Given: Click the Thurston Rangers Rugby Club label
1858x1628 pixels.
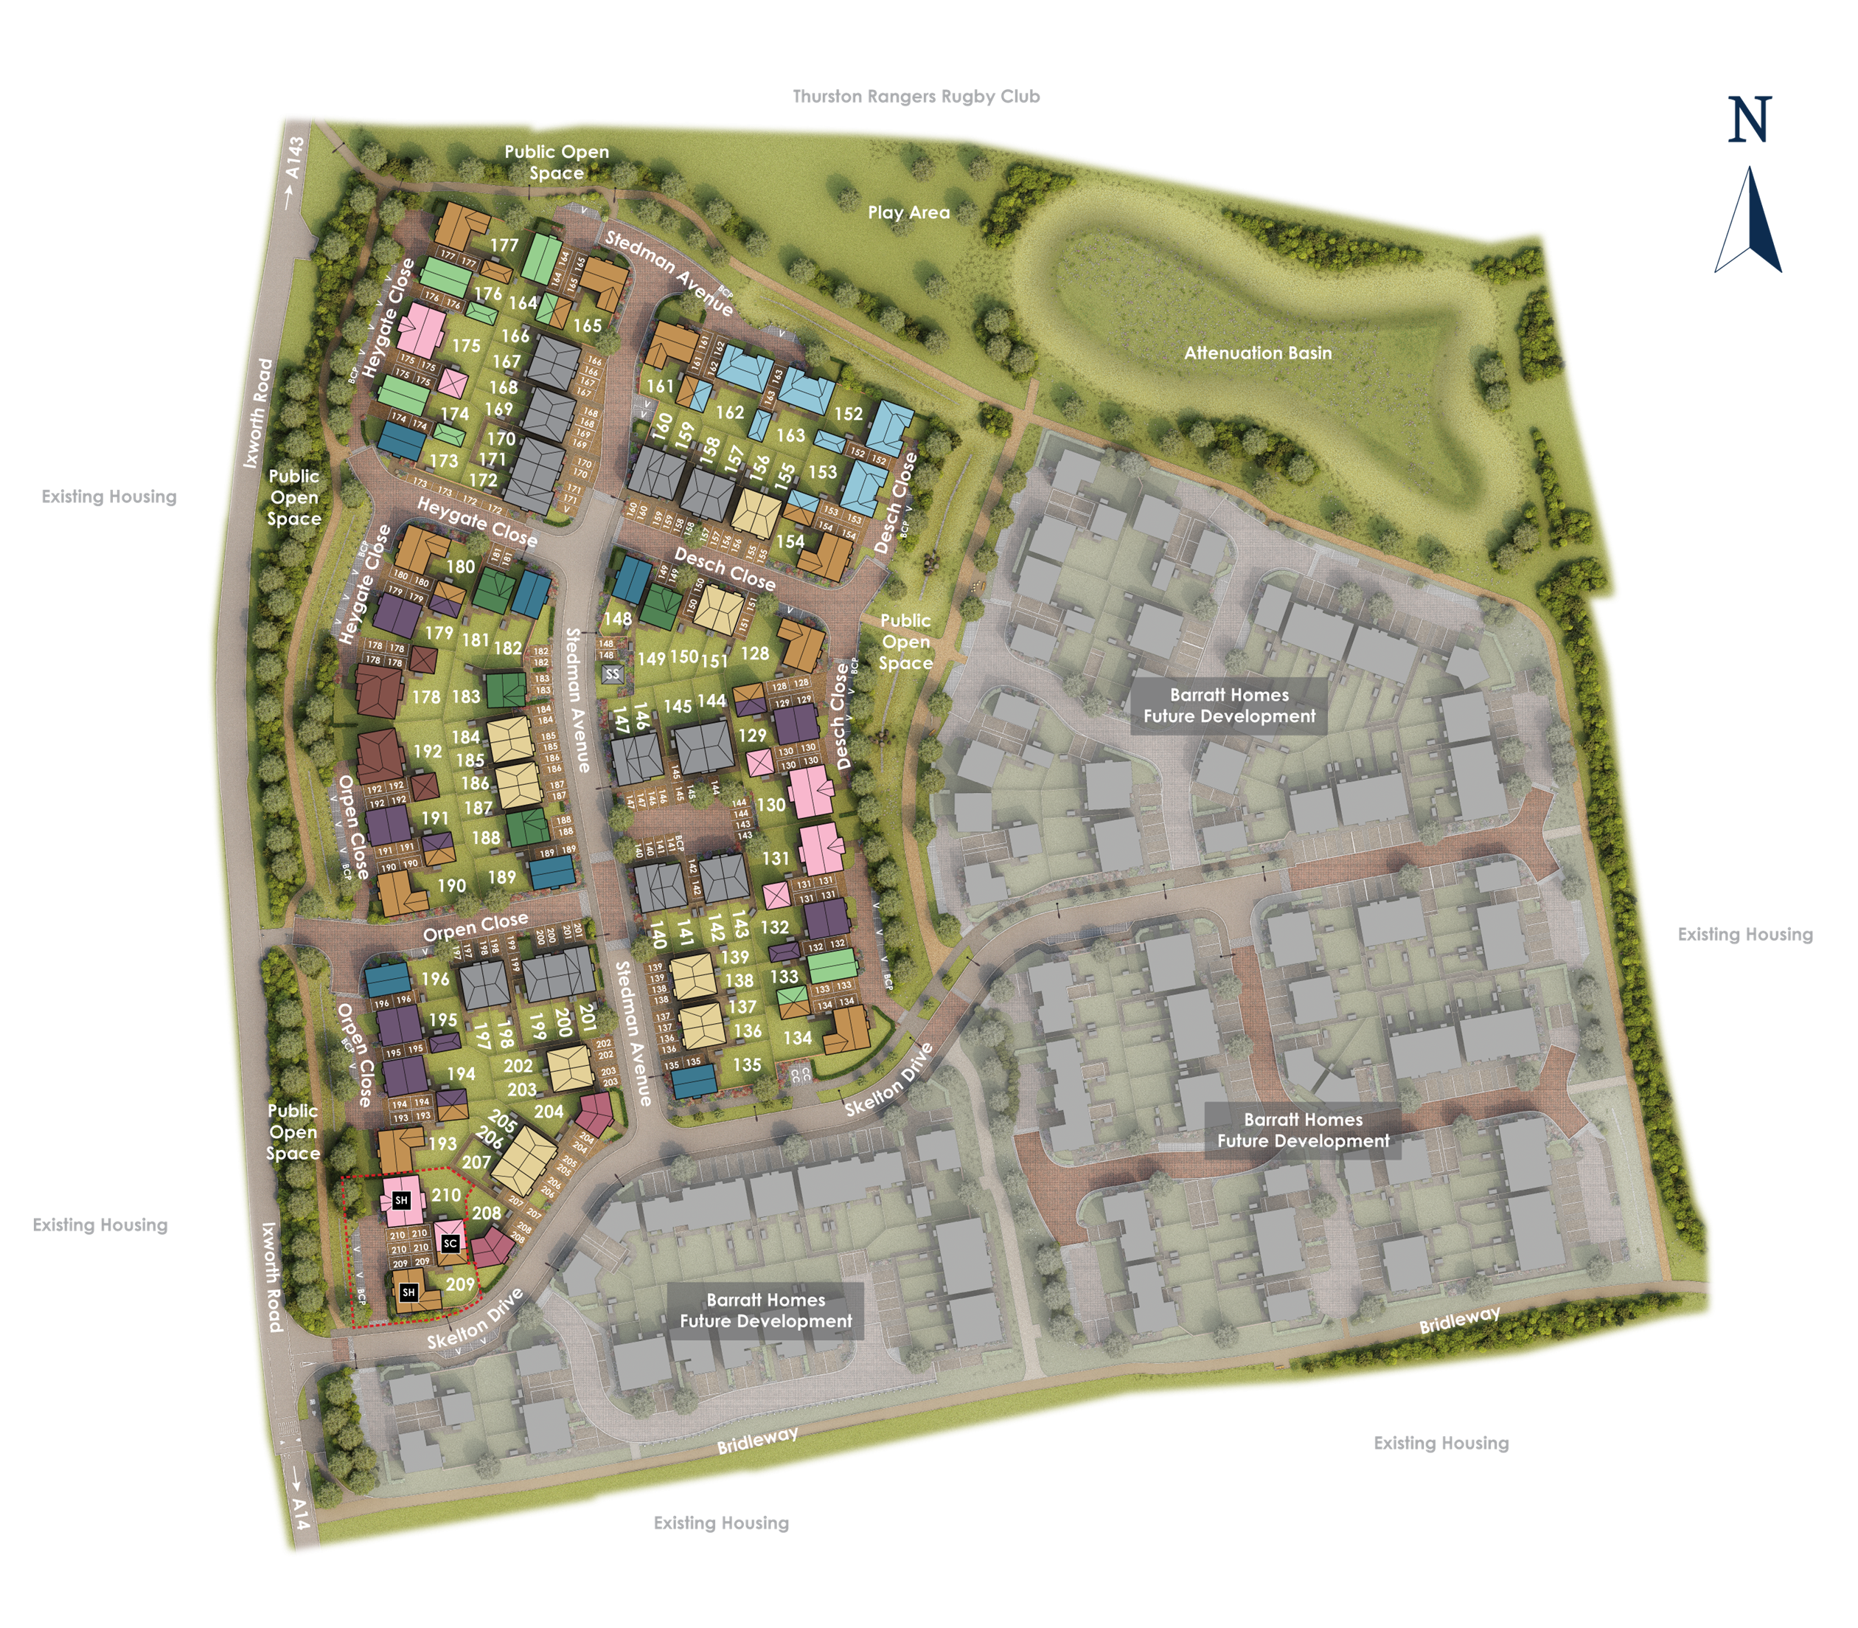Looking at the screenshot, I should [x=916, y=97].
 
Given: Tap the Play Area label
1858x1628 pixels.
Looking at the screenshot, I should [x=908, y=212].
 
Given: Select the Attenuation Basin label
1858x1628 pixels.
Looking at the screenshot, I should [x=1257, y=353].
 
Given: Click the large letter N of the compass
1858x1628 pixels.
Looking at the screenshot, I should [x=1750, y=121].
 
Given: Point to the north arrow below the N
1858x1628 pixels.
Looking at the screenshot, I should [x=1748, y=223].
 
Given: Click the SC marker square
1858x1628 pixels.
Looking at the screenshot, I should [x=451, y=1244].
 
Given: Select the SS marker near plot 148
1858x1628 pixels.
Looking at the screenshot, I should [x=612, y=674].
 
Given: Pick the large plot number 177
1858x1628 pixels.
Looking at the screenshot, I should [x=504, y=246].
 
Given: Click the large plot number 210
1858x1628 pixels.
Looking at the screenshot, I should [x=446, y=1195].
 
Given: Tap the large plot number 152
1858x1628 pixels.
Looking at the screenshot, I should [x=848, y=413].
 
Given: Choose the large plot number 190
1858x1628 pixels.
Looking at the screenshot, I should [x=451, y=886].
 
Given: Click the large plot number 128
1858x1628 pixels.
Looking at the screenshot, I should [x=755, y=654].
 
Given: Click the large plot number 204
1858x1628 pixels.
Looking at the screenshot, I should [x=549, y=1111].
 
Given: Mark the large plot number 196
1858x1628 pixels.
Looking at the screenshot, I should [x=435, y=978].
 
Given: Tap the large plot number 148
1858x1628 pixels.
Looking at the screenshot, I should [x=618, y=620].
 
